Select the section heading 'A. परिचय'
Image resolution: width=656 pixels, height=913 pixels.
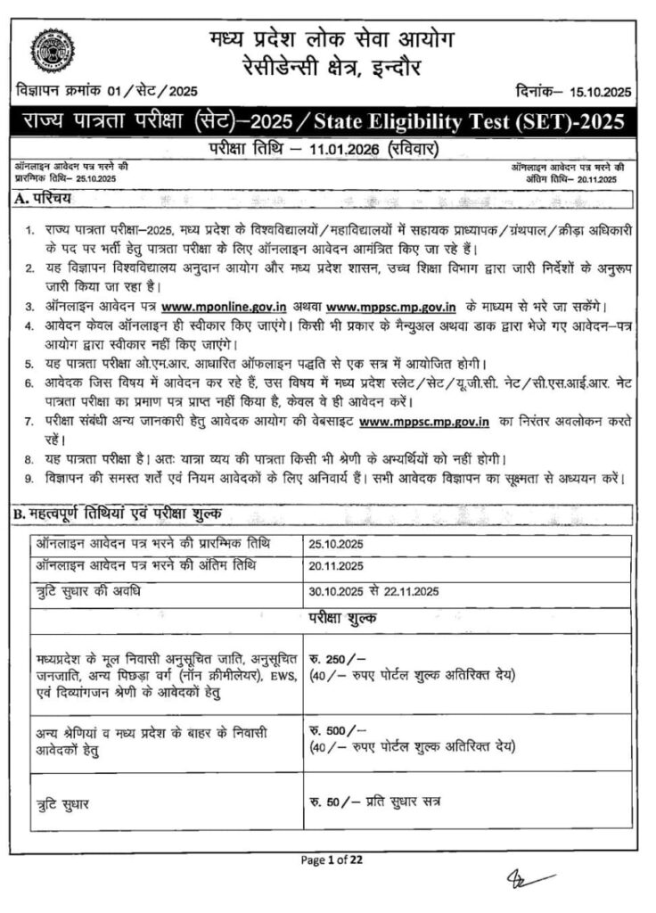click(x=44, y=196)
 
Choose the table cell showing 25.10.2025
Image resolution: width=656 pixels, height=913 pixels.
click(x=338, y=543)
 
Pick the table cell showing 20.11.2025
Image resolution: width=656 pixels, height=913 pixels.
click(x=338, y=565)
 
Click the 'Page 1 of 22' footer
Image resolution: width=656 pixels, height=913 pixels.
click(x=332, y=860)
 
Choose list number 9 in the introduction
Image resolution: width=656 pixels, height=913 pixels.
click(x=29, y=479)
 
